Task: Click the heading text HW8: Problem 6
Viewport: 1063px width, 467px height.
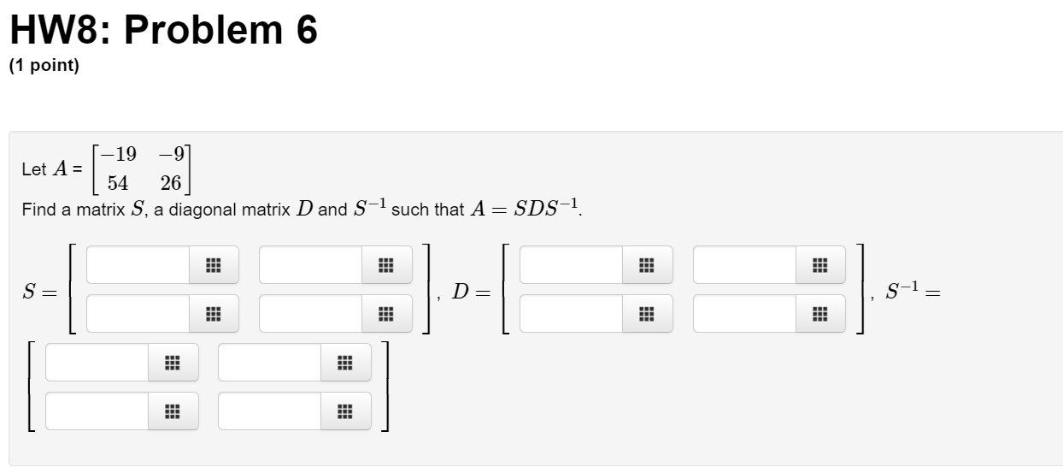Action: (x=163, y=31)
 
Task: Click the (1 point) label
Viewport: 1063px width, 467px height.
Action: (x=44, y=67)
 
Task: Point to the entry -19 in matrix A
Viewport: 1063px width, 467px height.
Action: (x=118, y=155)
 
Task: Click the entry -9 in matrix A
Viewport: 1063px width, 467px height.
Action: (x=172, y=155)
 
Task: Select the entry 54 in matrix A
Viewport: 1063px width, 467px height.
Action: (x=118, y=183)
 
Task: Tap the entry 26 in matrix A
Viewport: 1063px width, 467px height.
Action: (x=171, y=183)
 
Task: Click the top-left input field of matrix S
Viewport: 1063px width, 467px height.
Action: (x=138, y=265)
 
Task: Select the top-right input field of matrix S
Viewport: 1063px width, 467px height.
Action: (x=311, y=265)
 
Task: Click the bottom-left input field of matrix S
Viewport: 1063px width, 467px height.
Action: (x=138, y=314)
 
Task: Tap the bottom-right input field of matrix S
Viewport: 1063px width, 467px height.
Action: (x=311, y=314)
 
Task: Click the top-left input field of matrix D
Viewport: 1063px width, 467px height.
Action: (x=571, y=265)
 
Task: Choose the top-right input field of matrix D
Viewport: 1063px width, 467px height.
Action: (x=744, y=265)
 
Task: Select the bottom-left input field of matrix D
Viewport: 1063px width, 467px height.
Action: (x=571, y=314)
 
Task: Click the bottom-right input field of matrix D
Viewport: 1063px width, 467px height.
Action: (x=744, y=314)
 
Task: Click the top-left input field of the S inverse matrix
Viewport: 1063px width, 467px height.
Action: (x=97, y=363)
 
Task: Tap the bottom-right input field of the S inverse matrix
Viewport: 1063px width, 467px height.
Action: (x=270, y=411)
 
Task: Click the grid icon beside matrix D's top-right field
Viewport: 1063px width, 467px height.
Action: (x=820, y=265)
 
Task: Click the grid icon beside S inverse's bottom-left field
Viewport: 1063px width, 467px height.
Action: (x=173, y=411)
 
